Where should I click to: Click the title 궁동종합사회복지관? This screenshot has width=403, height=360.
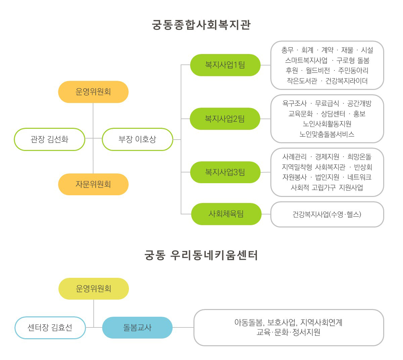[x=201, y=25]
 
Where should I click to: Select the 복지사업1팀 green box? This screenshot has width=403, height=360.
[x=225, y=65]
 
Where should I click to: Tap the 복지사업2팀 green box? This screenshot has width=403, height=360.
[x=225, y=119]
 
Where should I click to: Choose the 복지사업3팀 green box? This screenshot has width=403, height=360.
[x=225, y=172]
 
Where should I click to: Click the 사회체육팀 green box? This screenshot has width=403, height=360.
[x=226, y=214]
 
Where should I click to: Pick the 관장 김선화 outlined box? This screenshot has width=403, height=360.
[x=49, y=139]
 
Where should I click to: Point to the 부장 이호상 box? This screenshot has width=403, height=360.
[x=137, y=139]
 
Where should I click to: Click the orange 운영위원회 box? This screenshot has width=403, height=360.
[x=93, y=92]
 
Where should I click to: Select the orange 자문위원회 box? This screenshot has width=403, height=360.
[x=93, y=184]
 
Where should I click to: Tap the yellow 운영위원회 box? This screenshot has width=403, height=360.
[x=94, y=289]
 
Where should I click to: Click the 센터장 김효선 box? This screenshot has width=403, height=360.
[x=50, y=327]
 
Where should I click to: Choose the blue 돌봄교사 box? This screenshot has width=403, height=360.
[x=137, y=327]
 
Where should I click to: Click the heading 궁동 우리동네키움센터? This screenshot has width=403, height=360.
[x=201, y=255]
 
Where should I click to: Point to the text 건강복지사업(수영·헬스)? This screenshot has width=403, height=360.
[x=327, y=214]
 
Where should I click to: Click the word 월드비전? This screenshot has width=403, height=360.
[x=318, y=70]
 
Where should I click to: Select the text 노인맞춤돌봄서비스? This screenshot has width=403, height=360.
[x=327, y=134]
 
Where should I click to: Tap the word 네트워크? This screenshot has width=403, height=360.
[x=359, y=177]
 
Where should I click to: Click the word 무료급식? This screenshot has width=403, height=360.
[x=327, y=103]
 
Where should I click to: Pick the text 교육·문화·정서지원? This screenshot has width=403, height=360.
[x=288, y=332]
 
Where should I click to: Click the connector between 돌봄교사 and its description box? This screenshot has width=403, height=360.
[x=183, y=327]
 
